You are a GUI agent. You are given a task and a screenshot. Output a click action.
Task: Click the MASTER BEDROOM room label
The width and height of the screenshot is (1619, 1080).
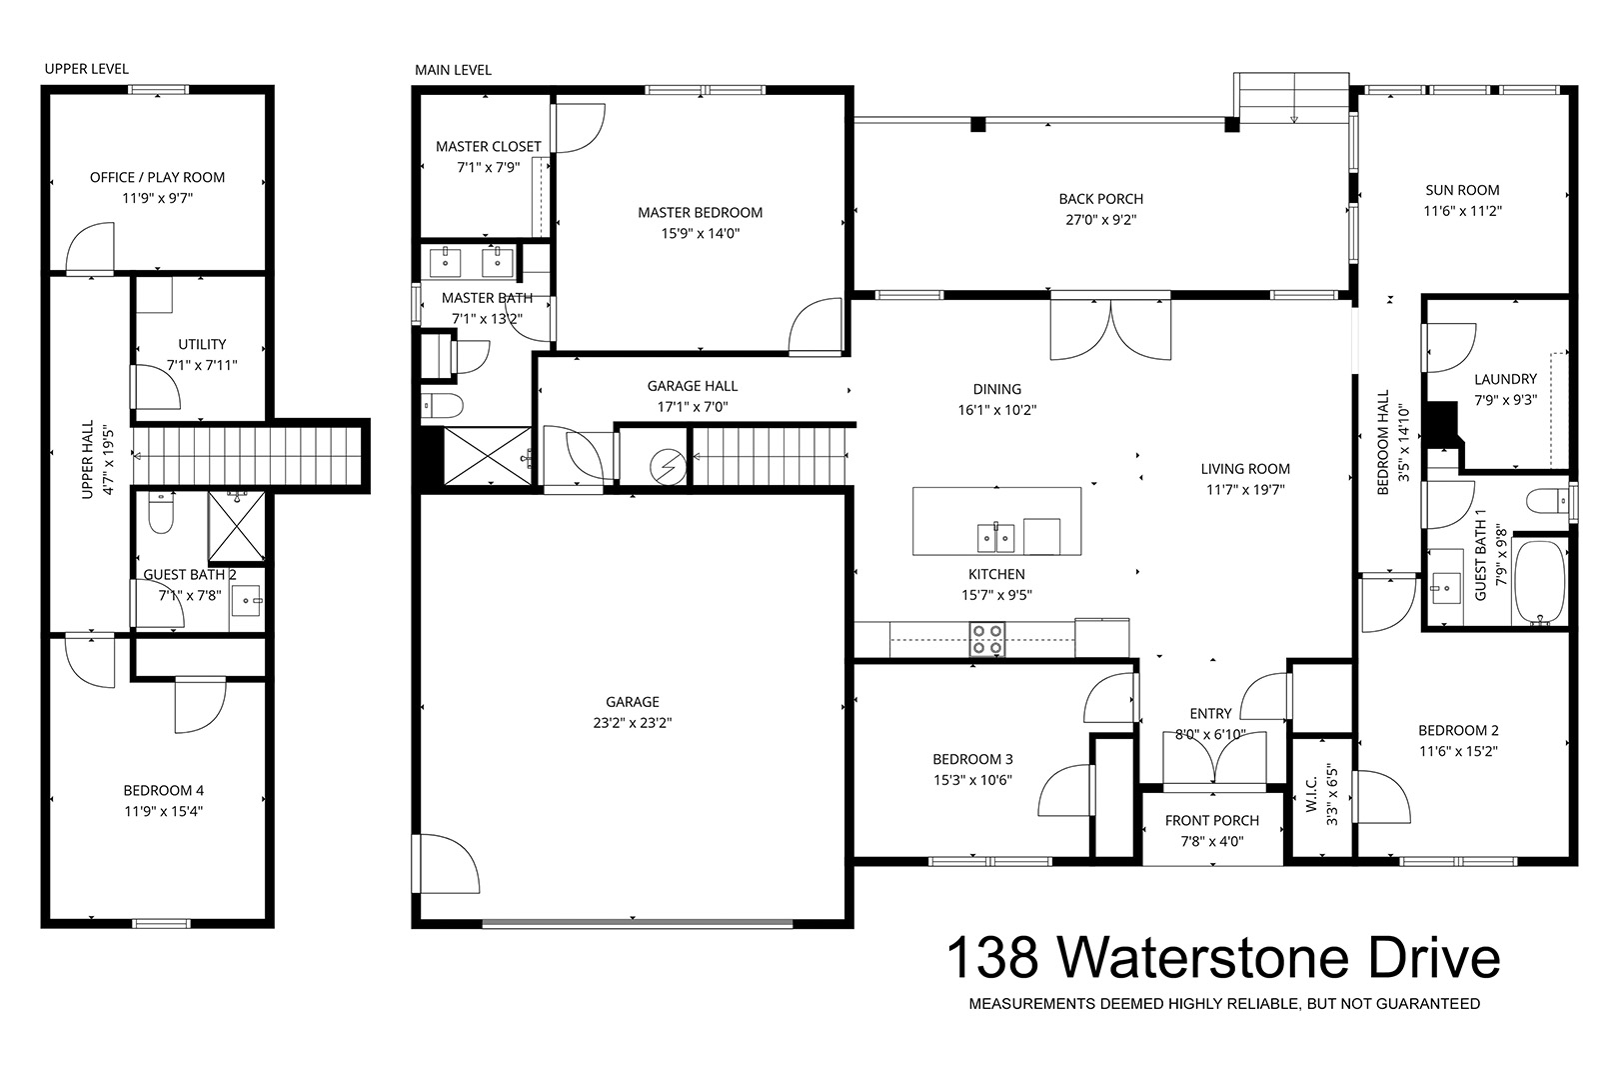[700, 213]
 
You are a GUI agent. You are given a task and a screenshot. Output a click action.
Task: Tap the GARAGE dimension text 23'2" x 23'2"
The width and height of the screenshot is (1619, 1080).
[633, 723]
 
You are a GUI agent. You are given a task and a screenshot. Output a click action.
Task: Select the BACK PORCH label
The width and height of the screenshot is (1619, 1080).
[1100, 199]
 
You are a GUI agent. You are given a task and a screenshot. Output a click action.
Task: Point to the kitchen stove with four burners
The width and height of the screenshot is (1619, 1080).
[987, 639]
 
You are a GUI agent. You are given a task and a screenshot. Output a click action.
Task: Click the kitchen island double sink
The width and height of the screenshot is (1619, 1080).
[995, 537]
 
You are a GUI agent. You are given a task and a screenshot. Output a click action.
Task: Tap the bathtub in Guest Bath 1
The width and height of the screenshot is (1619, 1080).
[1539, 582]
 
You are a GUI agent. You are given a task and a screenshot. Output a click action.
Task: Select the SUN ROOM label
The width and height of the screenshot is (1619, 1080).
[1462, 190]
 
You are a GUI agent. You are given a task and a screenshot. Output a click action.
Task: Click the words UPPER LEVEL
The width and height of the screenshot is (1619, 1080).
[87, 69]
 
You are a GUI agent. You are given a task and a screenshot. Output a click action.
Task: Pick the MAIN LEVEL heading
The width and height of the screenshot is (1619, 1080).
[453, 70]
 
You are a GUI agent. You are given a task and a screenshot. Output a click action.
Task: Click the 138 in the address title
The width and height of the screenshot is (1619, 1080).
[993, 958]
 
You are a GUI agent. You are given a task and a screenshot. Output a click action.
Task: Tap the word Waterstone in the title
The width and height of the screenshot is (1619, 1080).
[1203, 958]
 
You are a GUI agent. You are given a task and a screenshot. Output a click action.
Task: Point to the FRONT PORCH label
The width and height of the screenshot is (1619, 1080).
[1212, 821]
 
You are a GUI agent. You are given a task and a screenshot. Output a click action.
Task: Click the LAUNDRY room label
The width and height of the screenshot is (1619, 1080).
[1505, 379]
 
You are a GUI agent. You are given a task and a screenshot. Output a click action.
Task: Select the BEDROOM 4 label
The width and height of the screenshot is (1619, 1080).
[163, 791]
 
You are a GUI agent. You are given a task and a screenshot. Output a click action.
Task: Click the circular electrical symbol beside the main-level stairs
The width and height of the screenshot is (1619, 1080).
[668, 467]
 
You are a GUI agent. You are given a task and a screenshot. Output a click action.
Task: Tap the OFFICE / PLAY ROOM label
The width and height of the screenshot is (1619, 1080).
[157, 177]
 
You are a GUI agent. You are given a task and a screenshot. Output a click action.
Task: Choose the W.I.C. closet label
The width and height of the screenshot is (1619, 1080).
[1312, 794]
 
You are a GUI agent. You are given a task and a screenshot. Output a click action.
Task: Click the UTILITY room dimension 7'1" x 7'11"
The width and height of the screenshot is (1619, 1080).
[202, 365]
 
